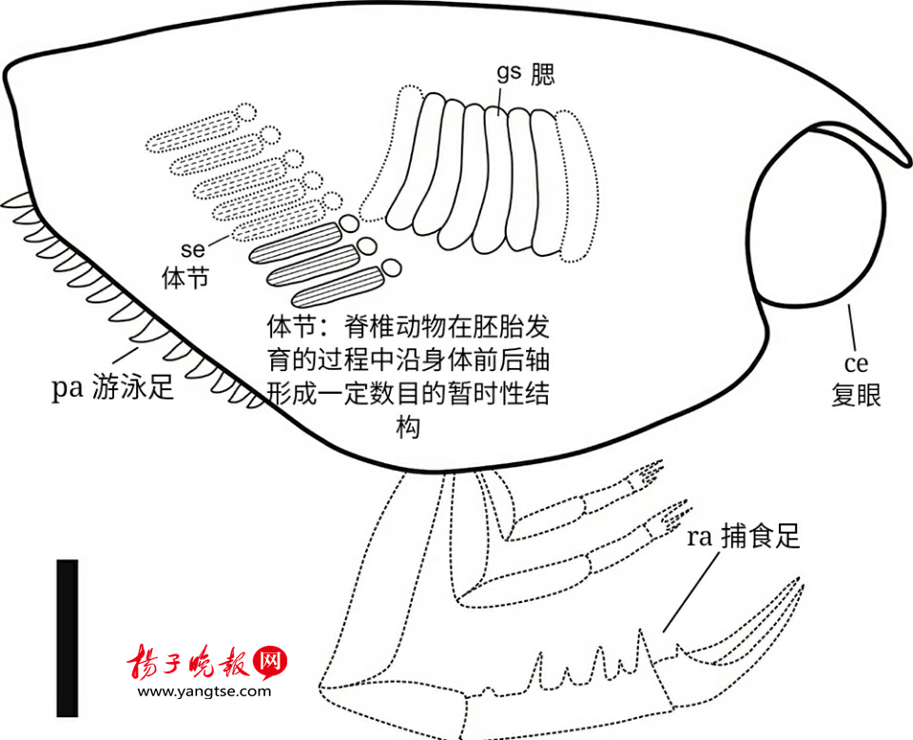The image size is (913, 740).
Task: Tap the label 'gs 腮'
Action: point(525,74)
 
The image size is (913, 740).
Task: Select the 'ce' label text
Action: point(856,364)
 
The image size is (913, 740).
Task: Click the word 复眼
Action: point(856,394)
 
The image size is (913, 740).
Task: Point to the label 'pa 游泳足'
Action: point(113,387)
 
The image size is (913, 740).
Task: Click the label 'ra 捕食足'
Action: point(744,536)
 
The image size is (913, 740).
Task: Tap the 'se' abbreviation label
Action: point(193,250)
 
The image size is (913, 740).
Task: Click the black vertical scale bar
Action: point(67,638)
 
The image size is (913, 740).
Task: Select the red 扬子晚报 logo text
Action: point(188,662)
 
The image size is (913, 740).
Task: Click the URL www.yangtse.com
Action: point(204,691)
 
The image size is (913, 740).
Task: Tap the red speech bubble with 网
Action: point(271,663)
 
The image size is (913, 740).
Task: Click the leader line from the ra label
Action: point(690,593)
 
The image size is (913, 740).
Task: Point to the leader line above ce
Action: point(852,328)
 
